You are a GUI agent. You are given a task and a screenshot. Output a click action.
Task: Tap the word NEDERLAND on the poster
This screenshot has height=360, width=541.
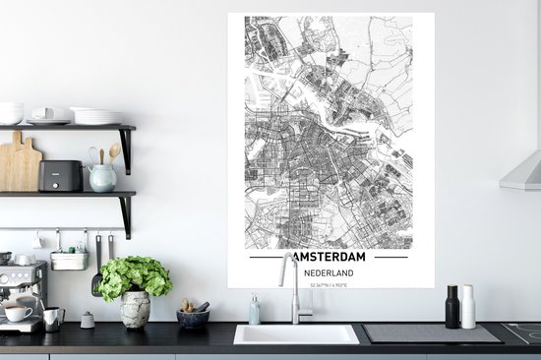pyautogui.click(x=328, y=273)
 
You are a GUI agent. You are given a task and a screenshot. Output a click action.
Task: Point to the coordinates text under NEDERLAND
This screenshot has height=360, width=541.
pyautogui.click(x=328, y=283)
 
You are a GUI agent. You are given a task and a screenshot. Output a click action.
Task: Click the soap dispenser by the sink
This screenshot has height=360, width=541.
pyautogui.click(x=255, y=311)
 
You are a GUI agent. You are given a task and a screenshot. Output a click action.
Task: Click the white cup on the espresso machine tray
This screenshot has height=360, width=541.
pyautogui.click(x=17, y=315)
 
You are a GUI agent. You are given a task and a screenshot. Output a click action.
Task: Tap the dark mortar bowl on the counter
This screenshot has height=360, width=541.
pyautogui.click(x=192, y=318)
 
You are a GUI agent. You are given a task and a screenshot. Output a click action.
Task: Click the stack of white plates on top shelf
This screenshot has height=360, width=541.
pyautogui.click(x=95, y=115)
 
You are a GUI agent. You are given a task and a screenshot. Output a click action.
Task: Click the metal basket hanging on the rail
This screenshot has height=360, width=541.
pyautogui.click(x=69, y=260)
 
